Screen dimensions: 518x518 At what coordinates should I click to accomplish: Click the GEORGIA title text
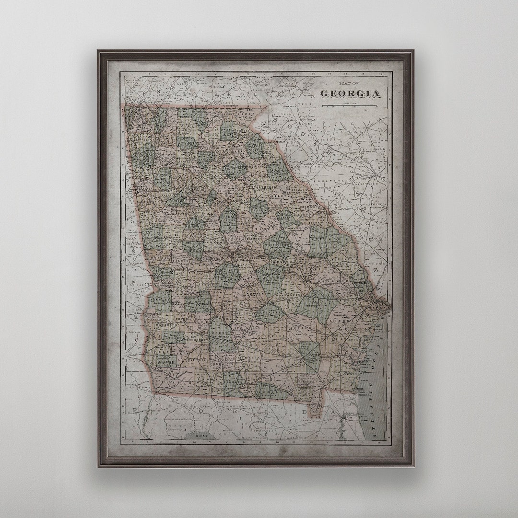tap(350, 94)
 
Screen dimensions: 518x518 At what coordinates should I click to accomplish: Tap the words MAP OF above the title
tap(350, 84)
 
